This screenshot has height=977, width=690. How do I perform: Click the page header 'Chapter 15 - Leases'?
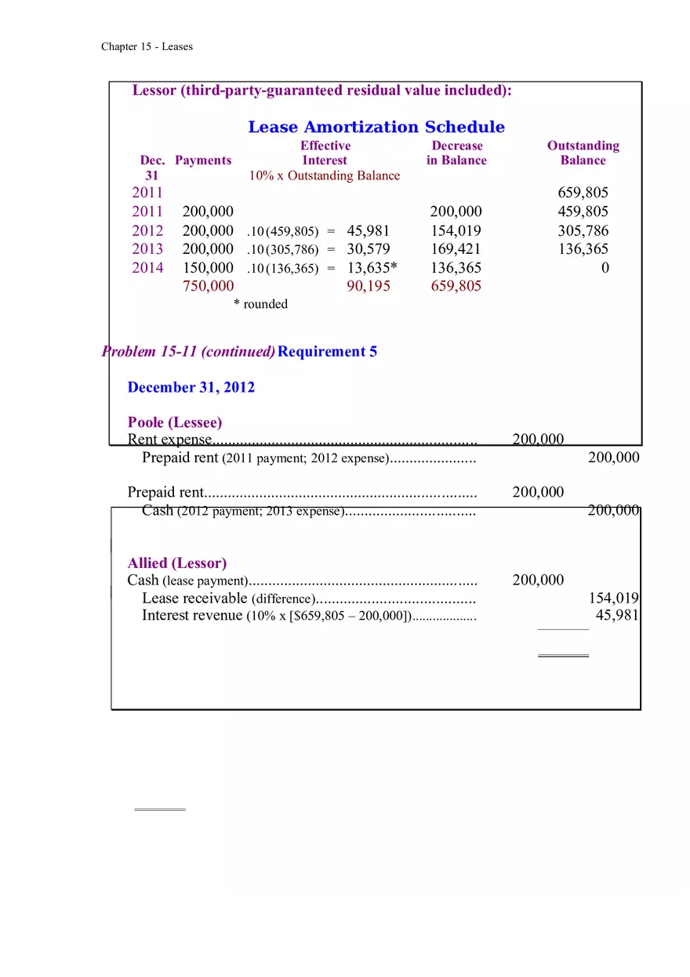(147, 47)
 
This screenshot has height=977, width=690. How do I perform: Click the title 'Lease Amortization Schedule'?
(376, 127)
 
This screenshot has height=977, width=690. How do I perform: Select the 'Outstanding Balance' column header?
(583, 153)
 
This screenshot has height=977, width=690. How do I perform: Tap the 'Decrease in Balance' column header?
(456, 153)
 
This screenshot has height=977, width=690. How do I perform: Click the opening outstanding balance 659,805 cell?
(583, 193)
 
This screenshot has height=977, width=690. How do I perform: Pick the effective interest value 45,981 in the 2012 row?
(368, 231)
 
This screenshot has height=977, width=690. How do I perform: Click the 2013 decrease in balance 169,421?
(456, 249)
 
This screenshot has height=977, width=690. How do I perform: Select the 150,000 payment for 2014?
(208, 268)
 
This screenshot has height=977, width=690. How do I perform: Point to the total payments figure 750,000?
(208, 286)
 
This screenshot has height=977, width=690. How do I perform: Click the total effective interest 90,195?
(368, 286)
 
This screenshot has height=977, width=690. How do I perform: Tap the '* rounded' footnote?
(260, 304)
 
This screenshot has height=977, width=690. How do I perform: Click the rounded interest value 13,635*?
(372, 268)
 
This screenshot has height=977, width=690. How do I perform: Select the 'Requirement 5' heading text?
(327, 352)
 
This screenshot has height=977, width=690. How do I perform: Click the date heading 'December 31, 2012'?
(191, 388)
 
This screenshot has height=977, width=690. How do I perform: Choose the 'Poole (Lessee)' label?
(175, 423)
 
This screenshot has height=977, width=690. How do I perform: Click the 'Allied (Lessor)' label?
(177, 563)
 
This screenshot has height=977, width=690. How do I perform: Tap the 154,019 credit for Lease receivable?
(613, 599)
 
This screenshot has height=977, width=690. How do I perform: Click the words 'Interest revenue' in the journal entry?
(192, 616)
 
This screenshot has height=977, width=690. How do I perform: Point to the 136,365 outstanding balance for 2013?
(583, 249)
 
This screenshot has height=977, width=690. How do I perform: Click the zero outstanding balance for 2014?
(604, 268)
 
